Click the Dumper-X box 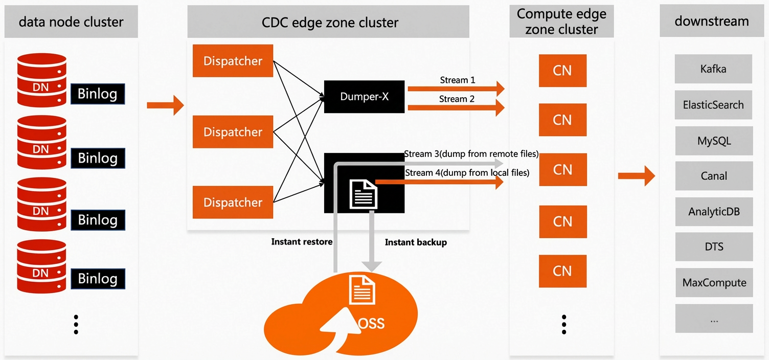click(x=364, y=97)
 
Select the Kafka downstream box click(x=713, y=69)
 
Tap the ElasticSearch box click(x=713, y=105)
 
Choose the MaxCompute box click(x=714, y=282)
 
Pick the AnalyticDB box click(x=714, y=211)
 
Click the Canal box click(x=714, y=176)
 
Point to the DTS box click(x=714, y=247)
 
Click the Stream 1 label click(x=458, y=80)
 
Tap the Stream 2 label click(x=457, y=99)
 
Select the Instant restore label click(x=302, y=241)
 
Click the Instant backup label click(x=416, y=242)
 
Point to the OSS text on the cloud click(x=371, y=323)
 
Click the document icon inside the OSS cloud click(x=362, y=290)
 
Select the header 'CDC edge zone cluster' click(x=330, y=22)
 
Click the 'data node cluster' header click(x=71, y=22)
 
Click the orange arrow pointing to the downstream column click(x=637, y=176)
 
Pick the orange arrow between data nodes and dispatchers click(x=166, y=105)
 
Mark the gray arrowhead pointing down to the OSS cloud click(x=371, y=266)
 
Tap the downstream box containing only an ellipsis click(x=714, y=318)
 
